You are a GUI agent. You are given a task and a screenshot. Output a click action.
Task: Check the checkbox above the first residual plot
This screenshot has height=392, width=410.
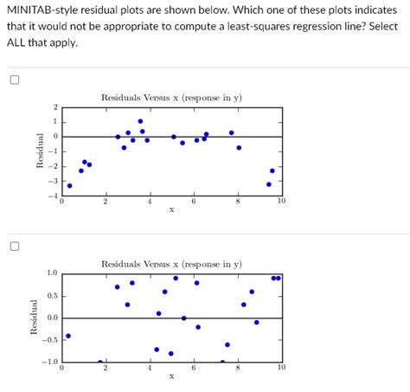coord(14,81)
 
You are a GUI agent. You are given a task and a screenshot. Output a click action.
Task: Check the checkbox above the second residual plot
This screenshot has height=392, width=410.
coord(14,246)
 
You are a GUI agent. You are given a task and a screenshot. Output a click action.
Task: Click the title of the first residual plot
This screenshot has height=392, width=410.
coord(171,98)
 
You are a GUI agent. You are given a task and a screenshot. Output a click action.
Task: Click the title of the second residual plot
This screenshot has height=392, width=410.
coord(171,263)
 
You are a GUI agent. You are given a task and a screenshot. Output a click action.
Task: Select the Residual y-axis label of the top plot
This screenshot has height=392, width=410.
coord(36,151)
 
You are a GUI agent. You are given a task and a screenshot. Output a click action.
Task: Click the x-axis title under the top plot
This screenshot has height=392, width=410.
coord(171,209)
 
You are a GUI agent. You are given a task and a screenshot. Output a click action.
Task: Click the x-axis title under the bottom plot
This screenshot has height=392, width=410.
coord(171,376)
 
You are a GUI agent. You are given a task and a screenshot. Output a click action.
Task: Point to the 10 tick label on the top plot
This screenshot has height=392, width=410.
coord(280,202)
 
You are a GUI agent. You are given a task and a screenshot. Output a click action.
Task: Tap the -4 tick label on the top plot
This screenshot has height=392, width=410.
coord(54,196)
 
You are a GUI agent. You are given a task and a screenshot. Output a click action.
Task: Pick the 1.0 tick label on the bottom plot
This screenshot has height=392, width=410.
coord(52,273)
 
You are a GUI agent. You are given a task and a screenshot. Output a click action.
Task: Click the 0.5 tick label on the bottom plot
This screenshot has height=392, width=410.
coord(52,296)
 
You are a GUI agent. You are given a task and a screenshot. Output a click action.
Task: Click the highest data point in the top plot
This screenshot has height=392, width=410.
coord(140,121)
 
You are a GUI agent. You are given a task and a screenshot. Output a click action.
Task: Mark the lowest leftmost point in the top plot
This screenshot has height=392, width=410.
coord(70,185)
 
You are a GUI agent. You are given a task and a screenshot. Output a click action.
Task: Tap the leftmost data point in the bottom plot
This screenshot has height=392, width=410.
coord(68,336)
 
